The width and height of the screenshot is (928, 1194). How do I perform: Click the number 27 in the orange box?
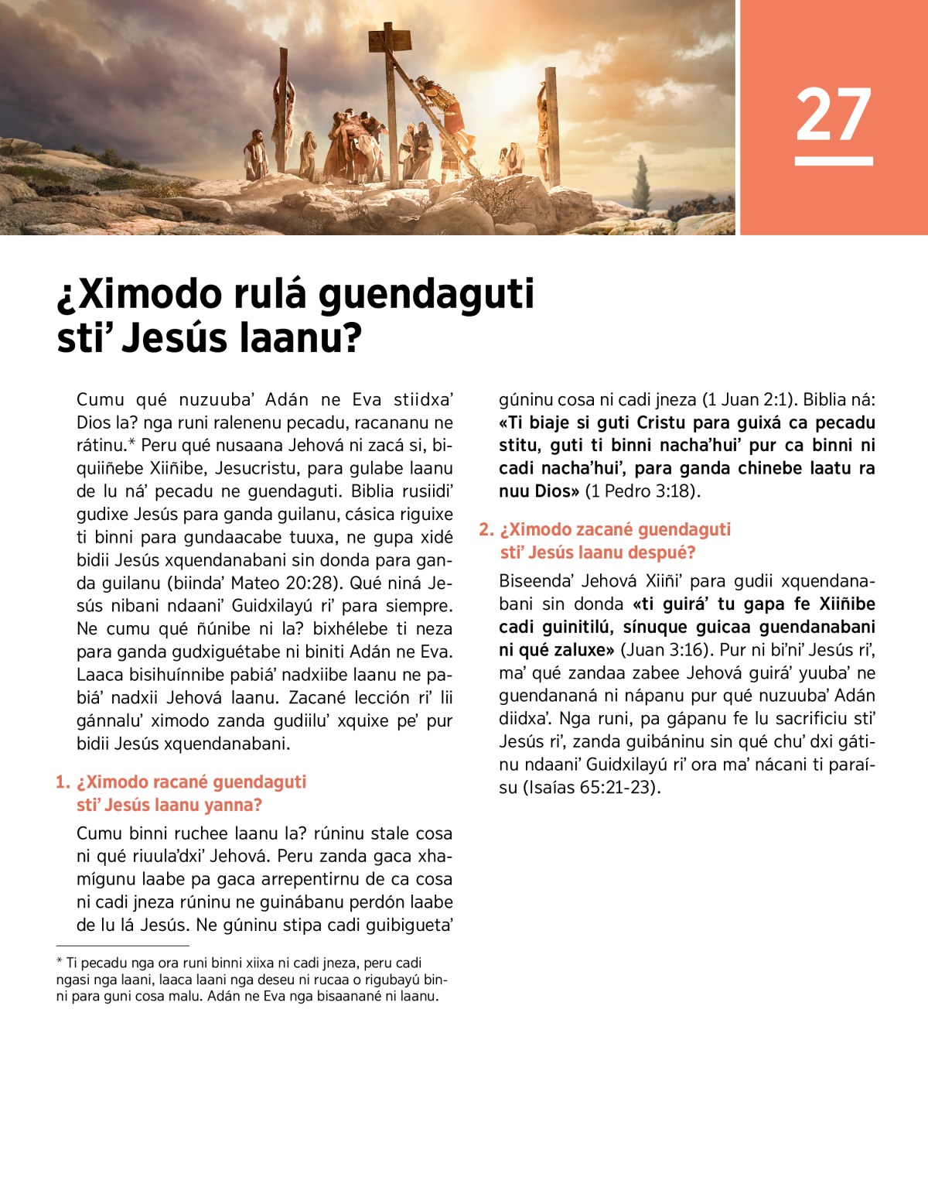[833, 115]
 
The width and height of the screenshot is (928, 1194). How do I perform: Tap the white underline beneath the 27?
[833, 161]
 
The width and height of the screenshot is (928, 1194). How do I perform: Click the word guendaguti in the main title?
[426, 294]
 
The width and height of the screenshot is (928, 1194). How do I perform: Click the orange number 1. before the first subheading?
[63, 782]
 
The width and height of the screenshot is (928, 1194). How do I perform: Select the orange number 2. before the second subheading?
[486, 530]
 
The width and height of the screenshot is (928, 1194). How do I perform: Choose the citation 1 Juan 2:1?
[747, 400]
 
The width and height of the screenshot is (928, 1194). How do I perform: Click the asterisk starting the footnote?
[60, 963]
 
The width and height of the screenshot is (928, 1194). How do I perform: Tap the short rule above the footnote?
[122, 945]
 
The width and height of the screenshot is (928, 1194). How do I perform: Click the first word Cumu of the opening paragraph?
[100, 400]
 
